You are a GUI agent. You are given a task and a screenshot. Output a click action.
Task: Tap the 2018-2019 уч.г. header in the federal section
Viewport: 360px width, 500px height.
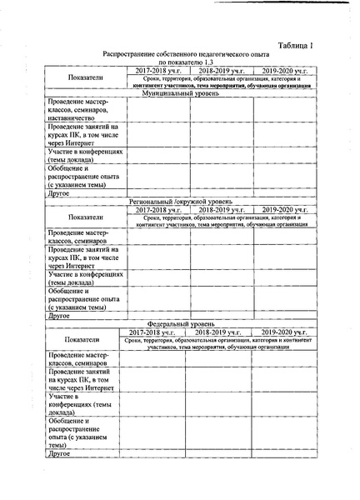(218, 331)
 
